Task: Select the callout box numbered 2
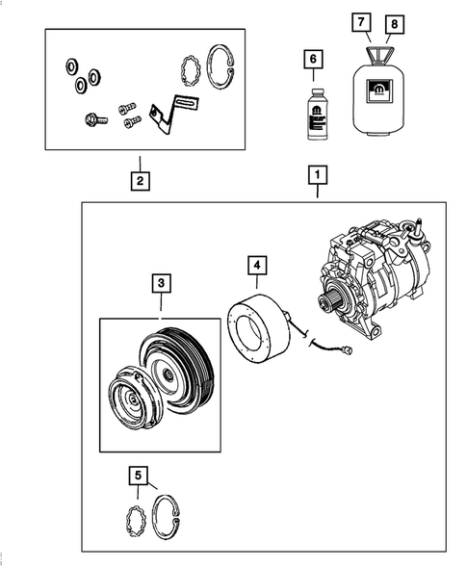tap(140, 180)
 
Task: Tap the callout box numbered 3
tap(161, 284)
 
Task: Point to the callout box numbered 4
tap(257, 264)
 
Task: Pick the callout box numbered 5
tap(140, 475)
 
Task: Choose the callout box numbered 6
tap(312, 59)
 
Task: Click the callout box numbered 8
tap(392, 21)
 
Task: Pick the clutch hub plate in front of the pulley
tap(129, 399)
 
